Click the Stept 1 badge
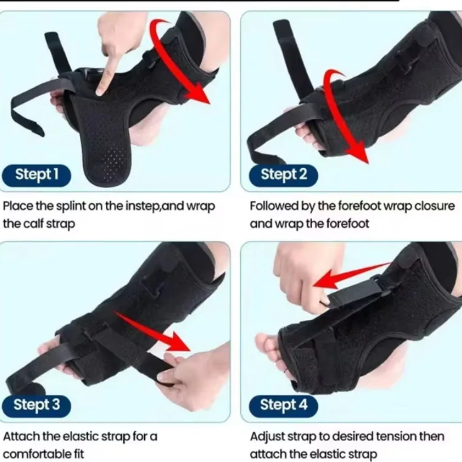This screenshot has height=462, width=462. click(x=36, y=175)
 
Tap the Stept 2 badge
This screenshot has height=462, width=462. click(x=283, y=175)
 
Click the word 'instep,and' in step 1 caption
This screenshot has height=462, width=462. click(x=156, y=206)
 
